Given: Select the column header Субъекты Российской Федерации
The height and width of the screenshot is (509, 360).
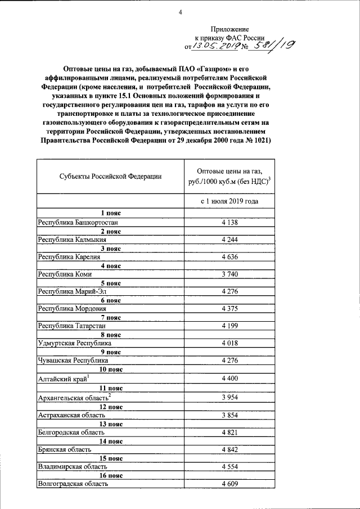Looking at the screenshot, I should [110, 176].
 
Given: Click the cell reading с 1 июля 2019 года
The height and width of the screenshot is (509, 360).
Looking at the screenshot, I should [230, 201].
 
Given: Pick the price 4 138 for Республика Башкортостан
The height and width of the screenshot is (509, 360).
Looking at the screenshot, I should [230, 223].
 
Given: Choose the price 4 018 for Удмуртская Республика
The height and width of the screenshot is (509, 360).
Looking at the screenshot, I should [230, 343].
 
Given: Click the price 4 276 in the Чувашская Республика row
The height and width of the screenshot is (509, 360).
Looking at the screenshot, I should [230, 360].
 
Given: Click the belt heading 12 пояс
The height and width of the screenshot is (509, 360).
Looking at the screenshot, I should [110, 407].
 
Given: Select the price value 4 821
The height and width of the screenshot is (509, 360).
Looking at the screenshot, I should [230, 433].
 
